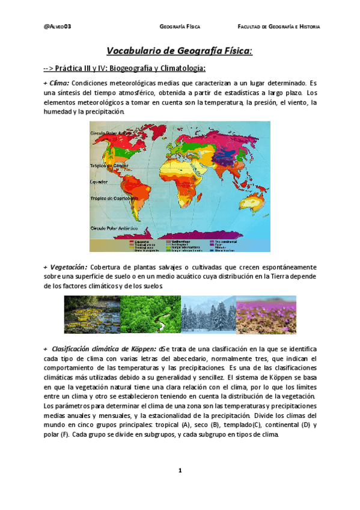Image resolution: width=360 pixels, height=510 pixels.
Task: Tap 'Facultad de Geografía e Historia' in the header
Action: (278, 27)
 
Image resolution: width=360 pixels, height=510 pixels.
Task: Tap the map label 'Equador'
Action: (99, 180)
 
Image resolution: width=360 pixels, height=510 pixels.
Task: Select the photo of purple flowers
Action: (266, 315)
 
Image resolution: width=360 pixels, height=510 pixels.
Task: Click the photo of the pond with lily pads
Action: (92, 315)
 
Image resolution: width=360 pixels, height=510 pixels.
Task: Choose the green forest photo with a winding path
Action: (150, 315)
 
